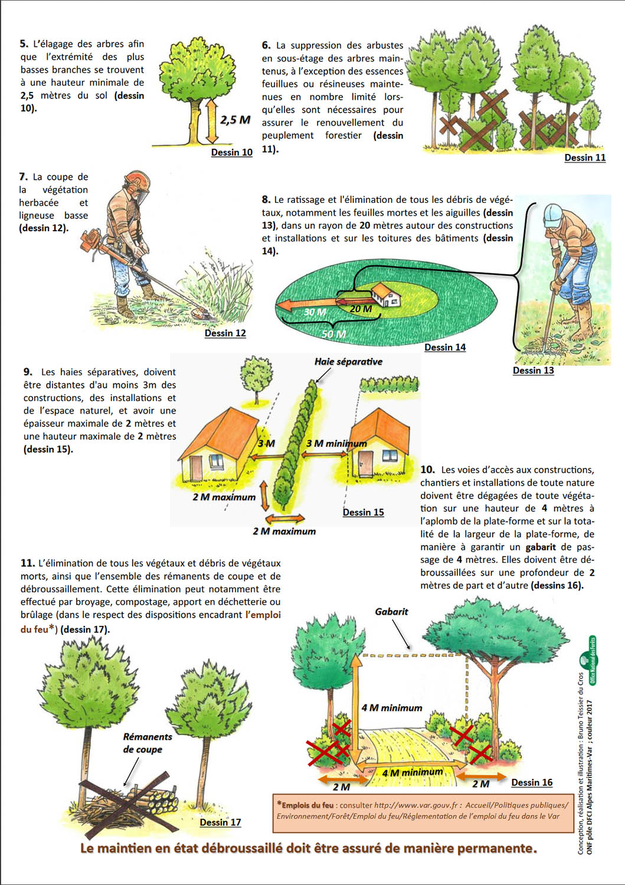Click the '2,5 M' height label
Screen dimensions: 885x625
pos(235,120)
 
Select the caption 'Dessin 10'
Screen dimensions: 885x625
pos(231,152)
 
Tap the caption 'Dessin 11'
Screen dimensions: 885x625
pos(585,158)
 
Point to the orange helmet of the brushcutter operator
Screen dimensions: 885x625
pos(138,181)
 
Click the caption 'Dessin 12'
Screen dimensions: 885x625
pos(225,333)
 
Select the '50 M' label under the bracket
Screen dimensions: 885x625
pos(333,334)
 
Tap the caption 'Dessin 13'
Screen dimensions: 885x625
pos(533,371)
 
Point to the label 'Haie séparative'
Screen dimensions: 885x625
pos(348,362)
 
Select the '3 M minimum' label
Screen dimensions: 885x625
pos(336,443)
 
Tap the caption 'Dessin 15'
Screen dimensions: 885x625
pos(363,512)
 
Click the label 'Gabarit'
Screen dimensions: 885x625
pos(391,612)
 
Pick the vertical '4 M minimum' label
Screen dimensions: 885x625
pos(392,707)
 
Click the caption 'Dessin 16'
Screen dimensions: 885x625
pos(532,782)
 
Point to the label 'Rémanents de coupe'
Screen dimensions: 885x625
pos(147,743)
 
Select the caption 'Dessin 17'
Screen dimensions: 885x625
pos(220,822)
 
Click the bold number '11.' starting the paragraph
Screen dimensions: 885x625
pos(28,563)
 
